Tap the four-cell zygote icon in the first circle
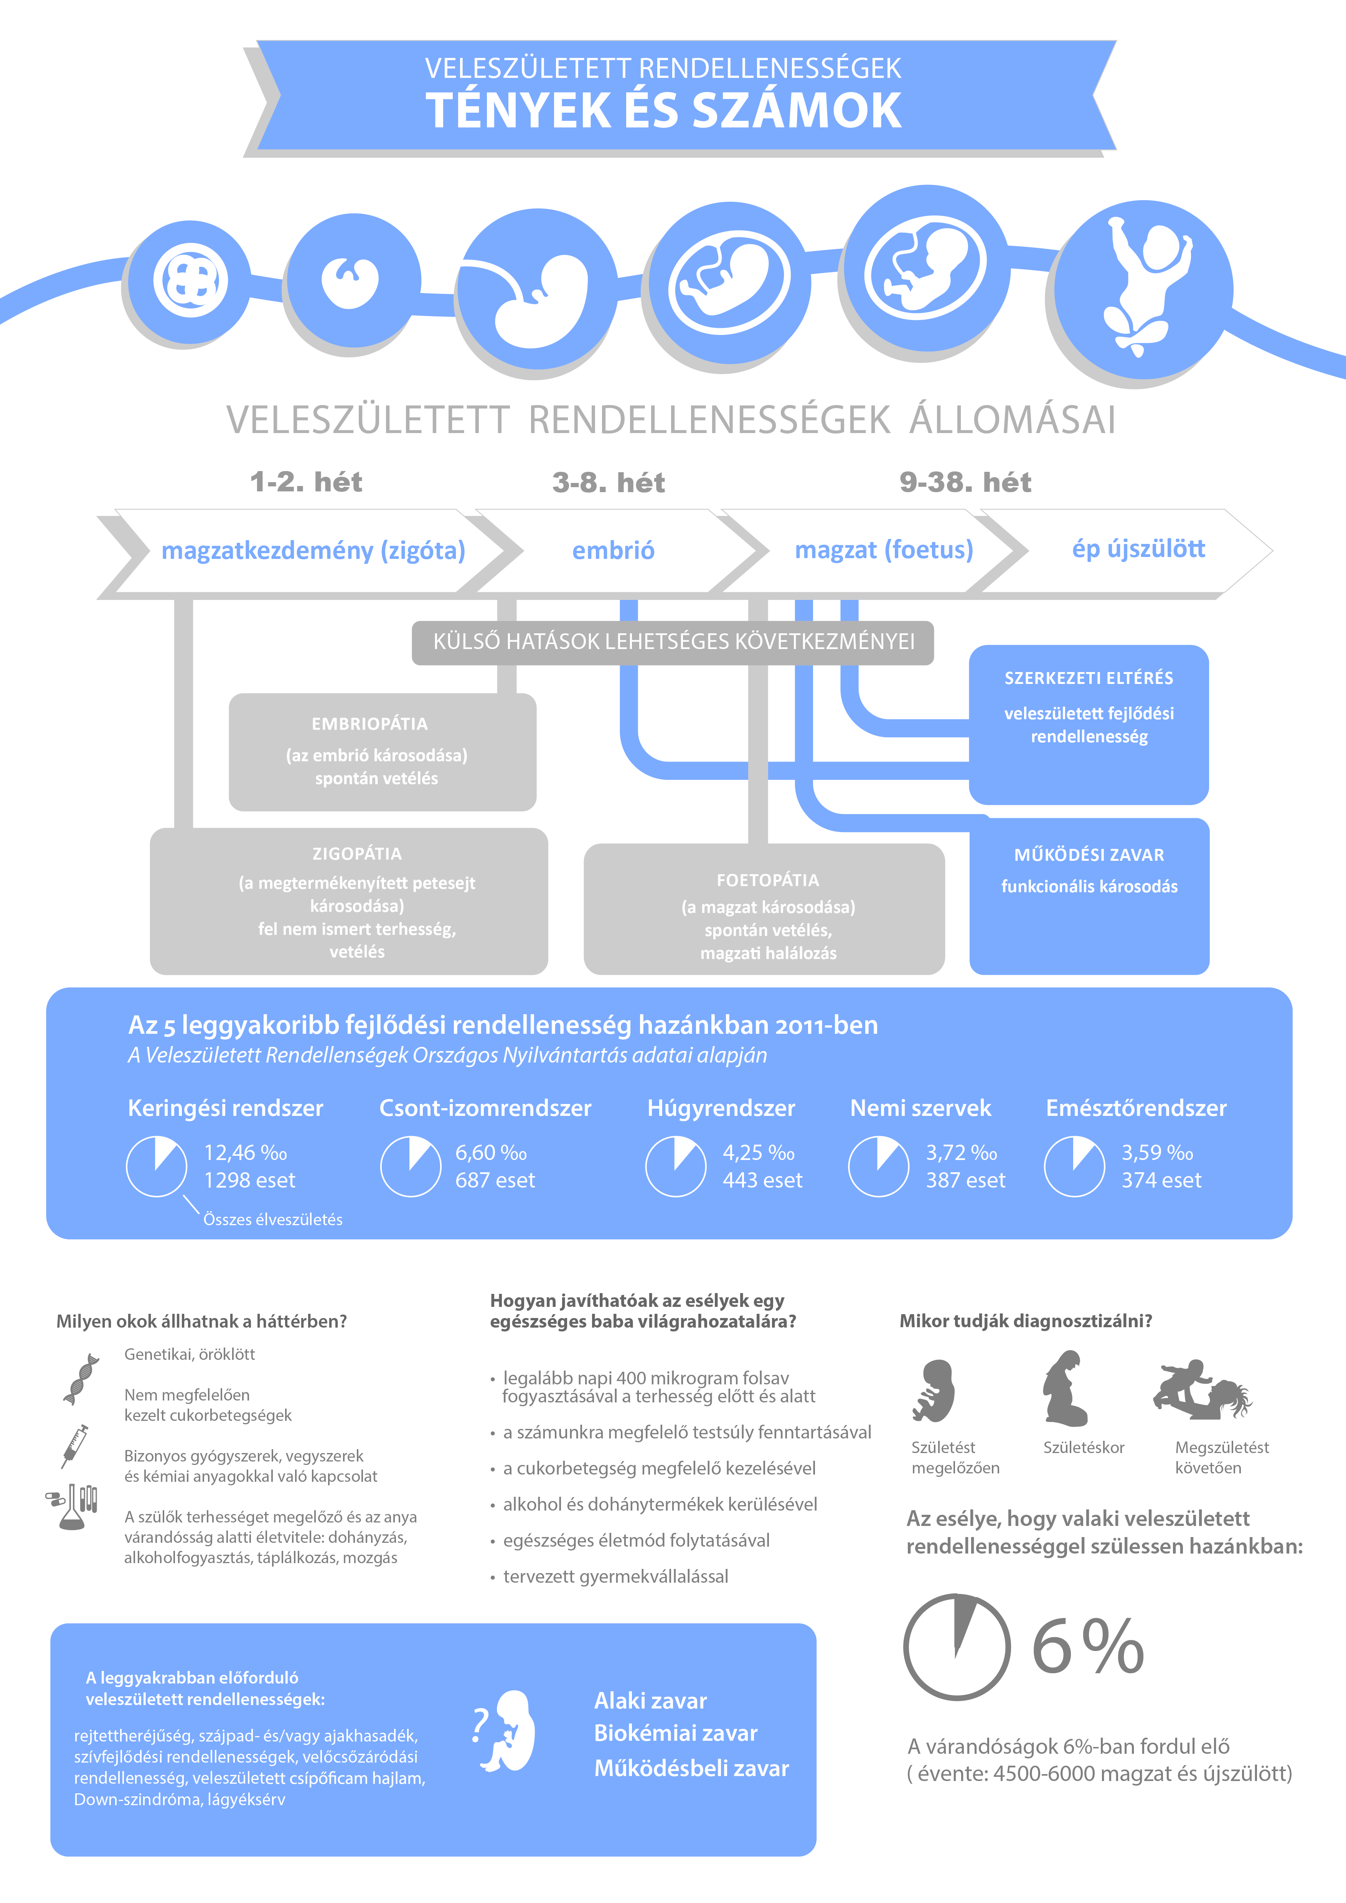(x=191, y=280)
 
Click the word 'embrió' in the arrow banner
(x=613, y=550)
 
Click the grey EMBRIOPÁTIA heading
(x=369, y=723)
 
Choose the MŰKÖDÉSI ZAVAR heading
(x=1089, y=855)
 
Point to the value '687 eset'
(x=495, y=1180)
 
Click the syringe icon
(x=74, y=1446)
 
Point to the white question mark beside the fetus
(x=479, y=1726)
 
